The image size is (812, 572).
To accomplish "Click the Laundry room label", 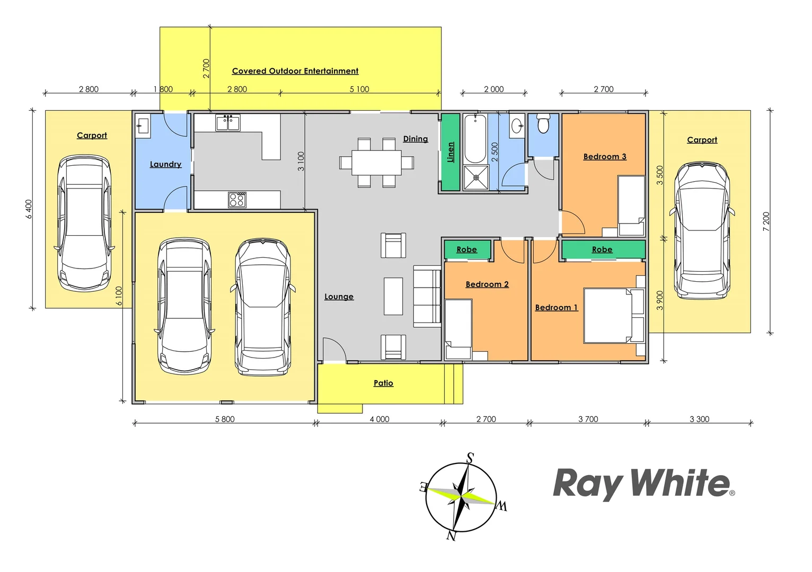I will pos(165,164).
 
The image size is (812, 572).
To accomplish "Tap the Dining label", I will pos(415,139).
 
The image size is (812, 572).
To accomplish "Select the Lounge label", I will pos(339,297).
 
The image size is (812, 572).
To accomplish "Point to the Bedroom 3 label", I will pos(604,157).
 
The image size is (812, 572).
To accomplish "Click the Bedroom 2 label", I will pos(487,284).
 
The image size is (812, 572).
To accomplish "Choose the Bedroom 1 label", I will pos(556,307).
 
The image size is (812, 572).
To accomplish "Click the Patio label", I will pos(383,383).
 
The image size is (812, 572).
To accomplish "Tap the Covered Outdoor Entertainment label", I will pos(295,71).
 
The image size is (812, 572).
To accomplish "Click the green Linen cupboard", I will pos(451,152).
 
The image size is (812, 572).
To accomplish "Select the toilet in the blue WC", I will pos(543,124).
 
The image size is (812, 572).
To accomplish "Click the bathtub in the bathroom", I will pos(475,139).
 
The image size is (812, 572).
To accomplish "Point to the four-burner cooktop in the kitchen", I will pos(237,200).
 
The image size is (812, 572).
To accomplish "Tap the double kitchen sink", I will pos(228,123).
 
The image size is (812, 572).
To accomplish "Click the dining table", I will pos(377,162).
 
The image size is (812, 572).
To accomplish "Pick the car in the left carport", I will pos(85,222).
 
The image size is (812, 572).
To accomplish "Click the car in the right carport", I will pos(702,230).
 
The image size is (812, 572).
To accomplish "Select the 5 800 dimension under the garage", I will pos(225,419).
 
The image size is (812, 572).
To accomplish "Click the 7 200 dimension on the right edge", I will pos(766,221).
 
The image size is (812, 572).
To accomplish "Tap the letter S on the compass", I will pos(470,458).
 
